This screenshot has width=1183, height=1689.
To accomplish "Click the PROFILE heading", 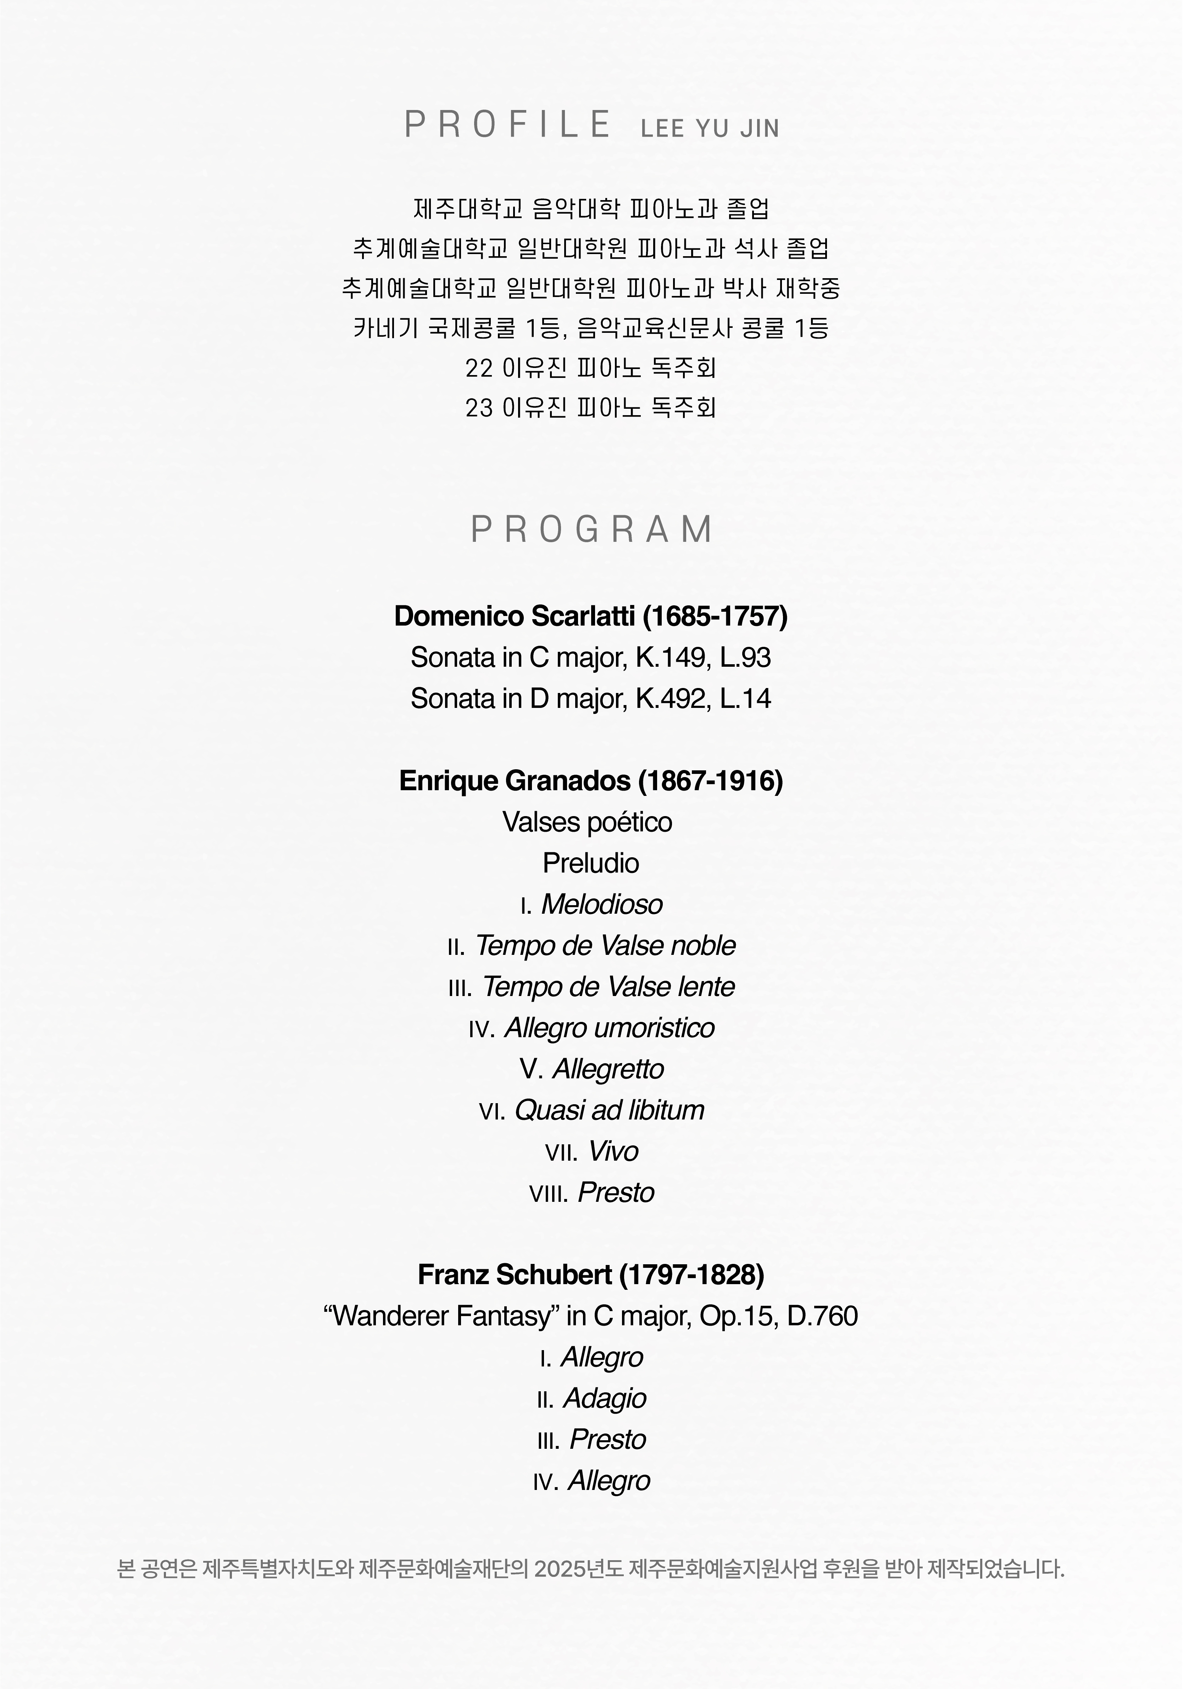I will point(507,124).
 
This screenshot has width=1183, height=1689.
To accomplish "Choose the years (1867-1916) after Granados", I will point(710,781).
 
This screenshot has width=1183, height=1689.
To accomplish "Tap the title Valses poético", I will point(587,822).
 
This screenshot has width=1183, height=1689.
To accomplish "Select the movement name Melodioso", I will point(601,904).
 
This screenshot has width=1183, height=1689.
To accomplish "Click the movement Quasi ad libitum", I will point(609,1110).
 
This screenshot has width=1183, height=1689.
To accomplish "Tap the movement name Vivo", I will point(613,1151).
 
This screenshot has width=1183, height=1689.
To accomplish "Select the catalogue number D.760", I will point(822,1316).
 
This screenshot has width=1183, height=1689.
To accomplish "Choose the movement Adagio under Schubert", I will point(604,1398).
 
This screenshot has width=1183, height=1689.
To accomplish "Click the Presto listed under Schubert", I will point(607,1440).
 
